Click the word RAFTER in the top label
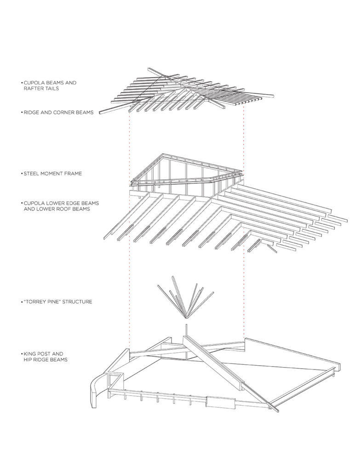[33, 89]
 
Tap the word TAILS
[51, 89]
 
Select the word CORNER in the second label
[61, 112]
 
